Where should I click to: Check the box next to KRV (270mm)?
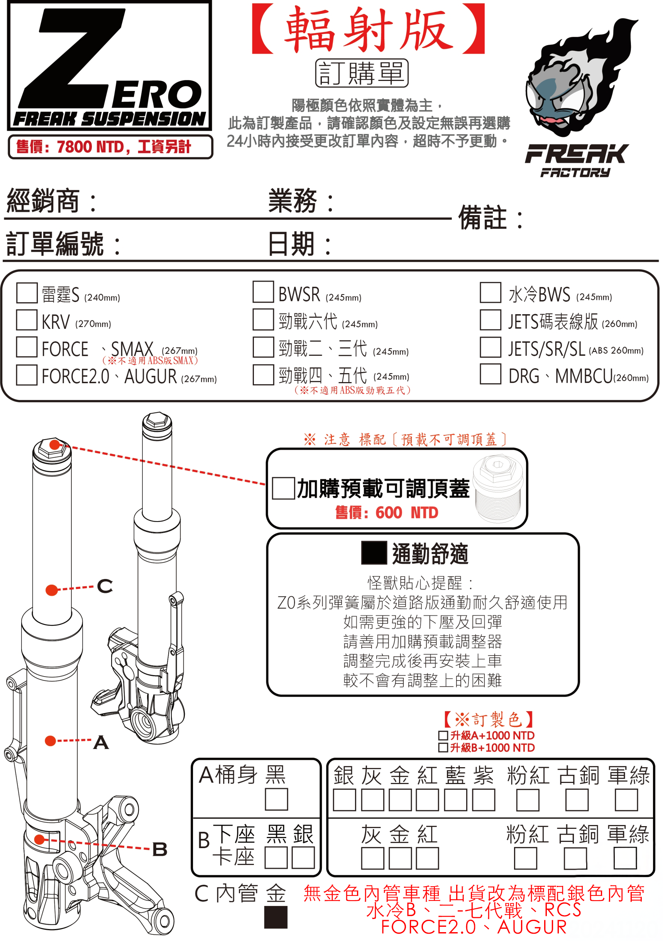pyautogui.click(x=27, y=320)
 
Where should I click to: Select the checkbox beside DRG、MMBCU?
pyautogui.click(x=490, y=374)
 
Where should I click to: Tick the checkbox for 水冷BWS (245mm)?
pyautogui.click(x=490, y=292)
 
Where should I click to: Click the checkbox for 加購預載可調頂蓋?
pyautogui.click(x=283, y=488)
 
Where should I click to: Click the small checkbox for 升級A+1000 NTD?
pyautogui.click(x=443, y=735)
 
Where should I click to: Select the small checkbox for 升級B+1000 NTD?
pyautogui.click(x=443, y=747)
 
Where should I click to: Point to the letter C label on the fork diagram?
pyautogui.click(x=105, y=586)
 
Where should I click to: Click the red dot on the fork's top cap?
pyautogui.click(x=54, y=445)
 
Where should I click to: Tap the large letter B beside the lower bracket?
pyautogui.click(x=160, y=849)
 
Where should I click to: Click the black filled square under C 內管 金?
pyautogui.click(x=276, y=917)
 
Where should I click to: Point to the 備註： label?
pyautogui.click(x=490, y=218)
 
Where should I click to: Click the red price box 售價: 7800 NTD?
pyautogui.click(x=110, y=147)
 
